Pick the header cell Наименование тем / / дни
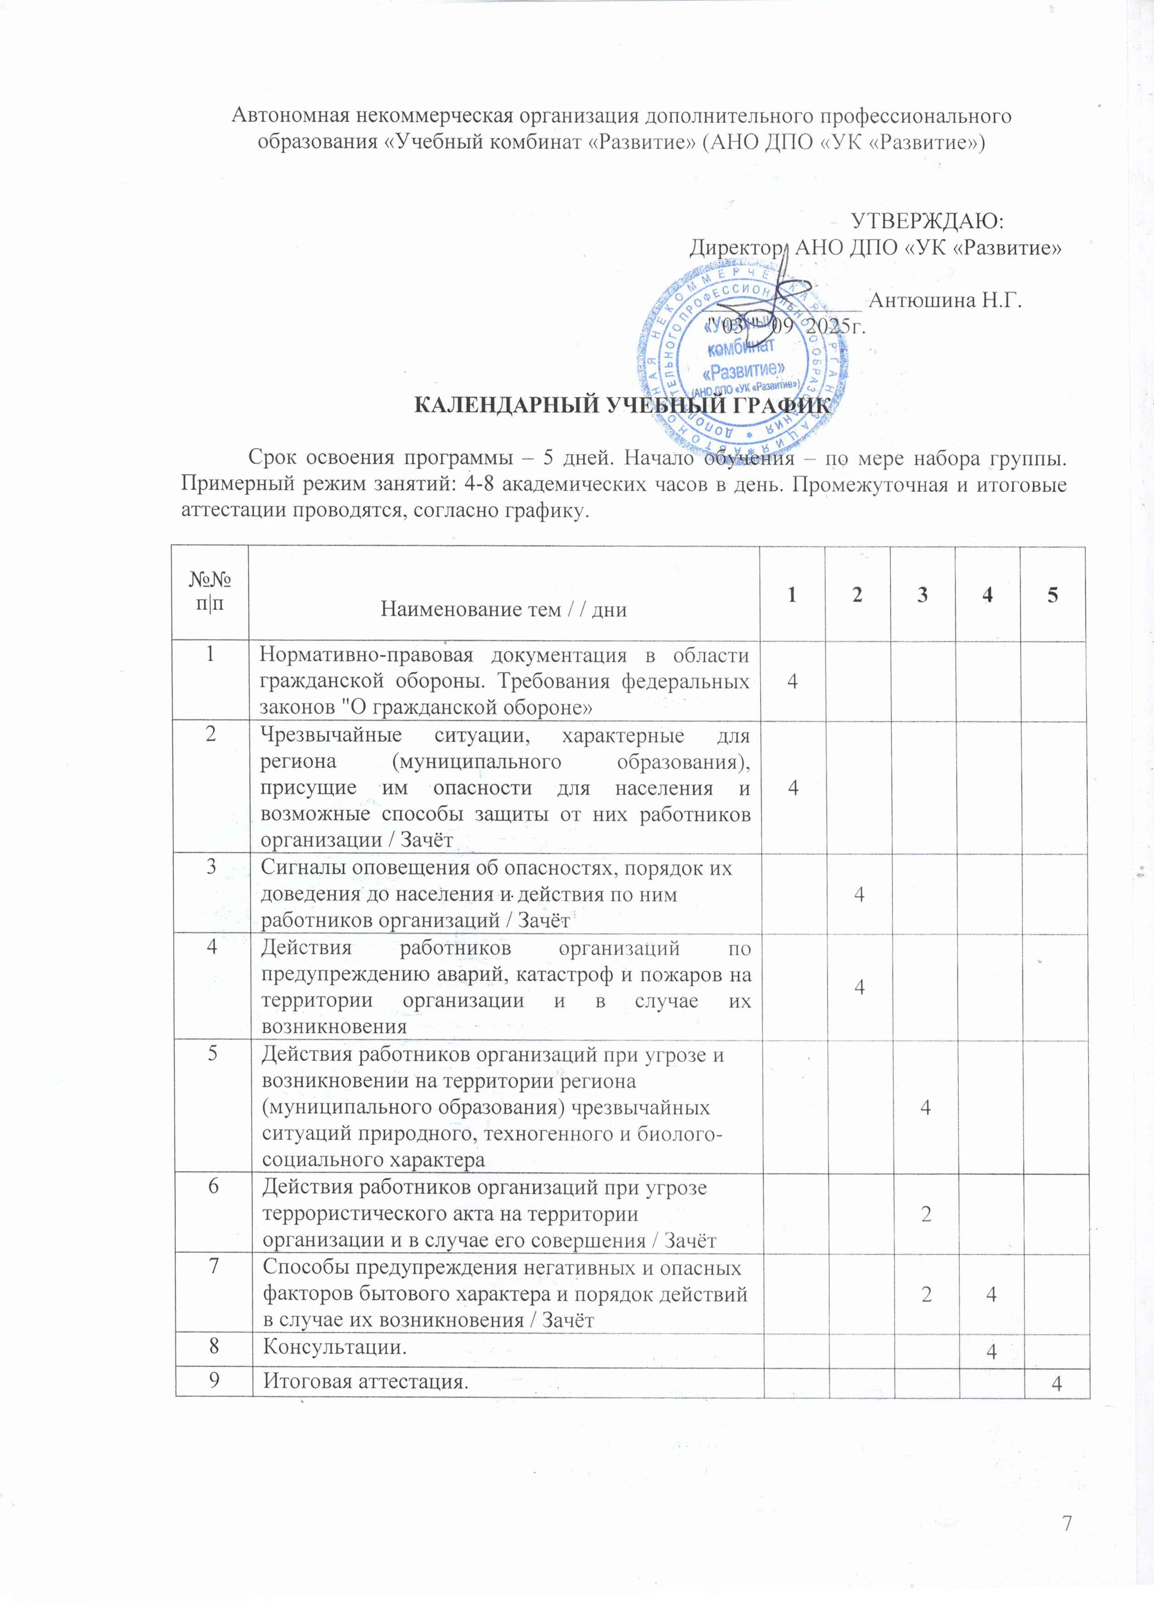(x=503, y=609)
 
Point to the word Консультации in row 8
(x=334, y=1346)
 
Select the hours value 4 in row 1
(x=792, y=681)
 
